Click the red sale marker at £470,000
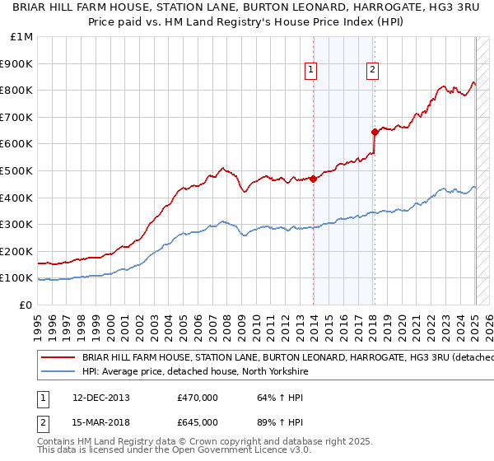click(x=314, y=179)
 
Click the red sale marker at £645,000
click(x=375, y=132)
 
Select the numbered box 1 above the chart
click(x=311, y=71)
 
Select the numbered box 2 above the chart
click(x=372, y=71)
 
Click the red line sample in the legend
click(x=57, y=358)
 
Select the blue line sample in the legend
click(x=57, y=371)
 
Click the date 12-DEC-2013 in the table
click(x=100, y=398)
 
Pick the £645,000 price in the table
click(x=198, y=422)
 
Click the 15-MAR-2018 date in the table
click(x=100, y=422)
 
